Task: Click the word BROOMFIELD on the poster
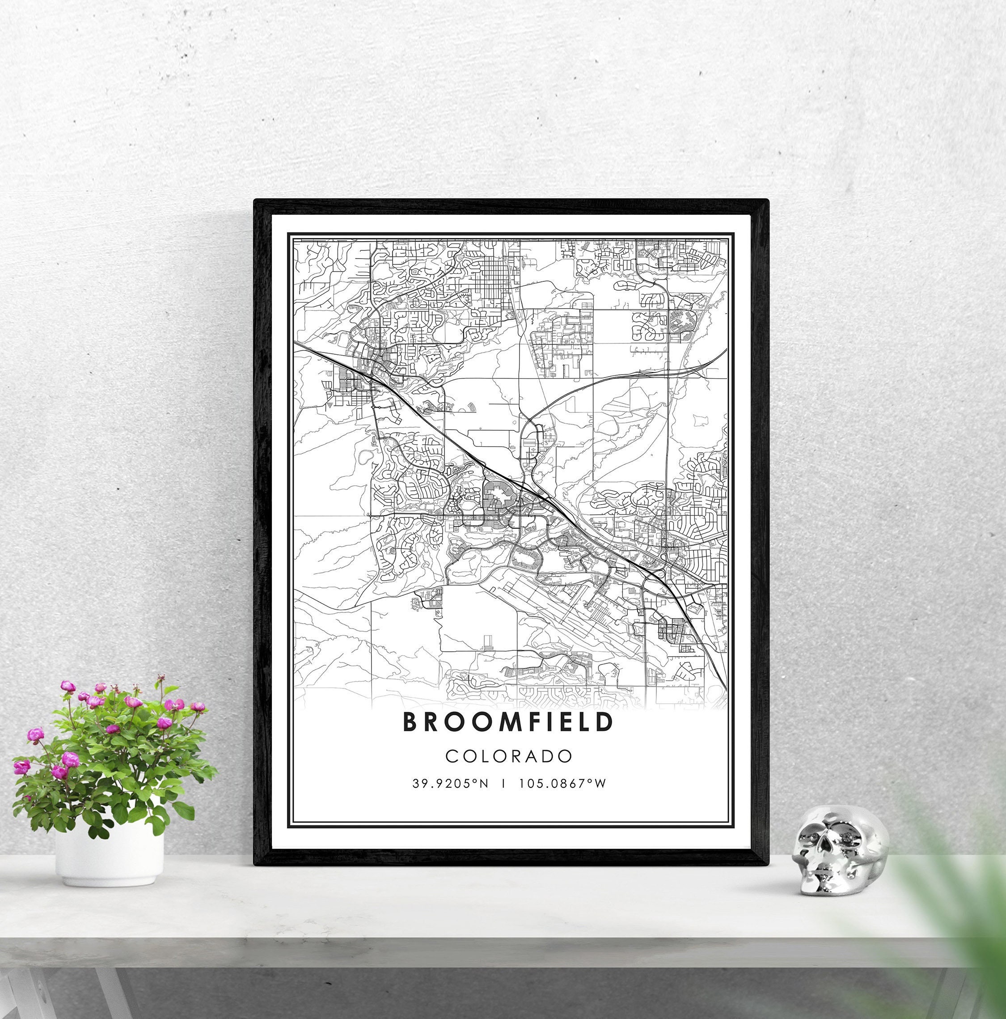508,722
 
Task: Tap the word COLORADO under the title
509,756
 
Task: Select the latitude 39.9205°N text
450,784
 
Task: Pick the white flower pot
109,855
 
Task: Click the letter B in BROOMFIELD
411,722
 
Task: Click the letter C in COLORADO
452,756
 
